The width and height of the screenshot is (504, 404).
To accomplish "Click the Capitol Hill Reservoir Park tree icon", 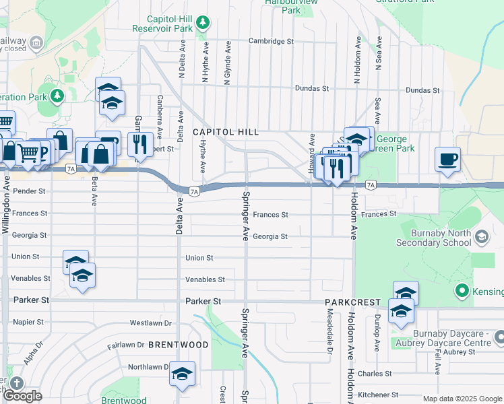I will coord(203,24).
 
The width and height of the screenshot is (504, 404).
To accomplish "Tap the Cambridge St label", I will coord(272,41).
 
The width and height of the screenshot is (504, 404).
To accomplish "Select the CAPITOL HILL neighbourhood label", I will coord(226,133).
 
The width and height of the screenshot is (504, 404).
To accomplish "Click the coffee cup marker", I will coord(448,160).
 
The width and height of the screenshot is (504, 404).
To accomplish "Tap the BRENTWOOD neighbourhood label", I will coord(179,345).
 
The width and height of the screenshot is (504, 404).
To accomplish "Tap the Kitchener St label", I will coord(375,395).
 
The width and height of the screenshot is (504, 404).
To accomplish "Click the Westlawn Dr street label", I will coord(152,323).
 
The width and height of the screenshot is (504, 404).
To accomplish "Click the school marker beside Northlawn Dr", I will coord(182,374).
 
